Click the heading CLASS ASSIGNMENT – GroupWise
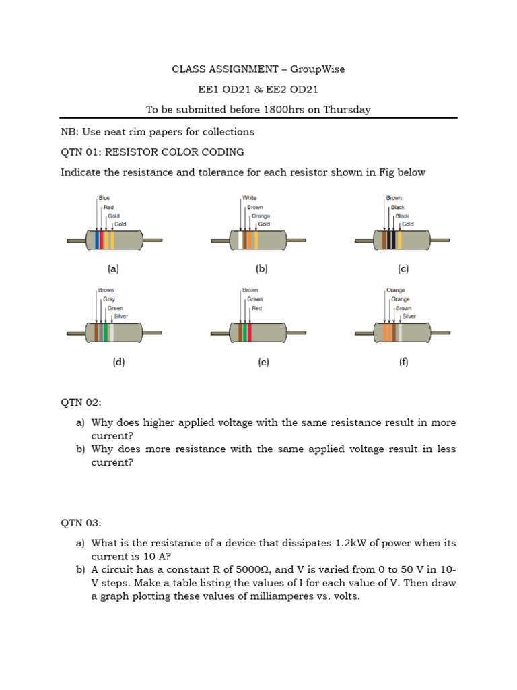[x=258, y=69]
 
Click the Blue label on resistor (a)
[x=104, y=198]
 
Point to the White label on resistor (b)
[x=250, y=198]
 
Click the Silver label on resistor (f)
[x=409, y=316]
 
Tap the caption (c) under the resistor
[x=403, y=269]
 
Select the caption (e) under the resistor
[x=263, y=362]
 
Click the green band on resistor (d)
[x=106, y=333]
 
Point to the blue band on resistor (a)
[x=97, y=241]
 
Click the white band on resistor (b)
[x=242, y=241]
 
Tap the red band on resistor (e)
[x=250, y=333]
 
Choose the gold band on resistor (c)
[x=400, y=241]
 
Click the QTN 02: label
[x=81, y=402]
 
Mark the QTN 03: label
[x=81, y=522]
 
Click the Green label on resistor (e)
[x=254, y=299]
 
